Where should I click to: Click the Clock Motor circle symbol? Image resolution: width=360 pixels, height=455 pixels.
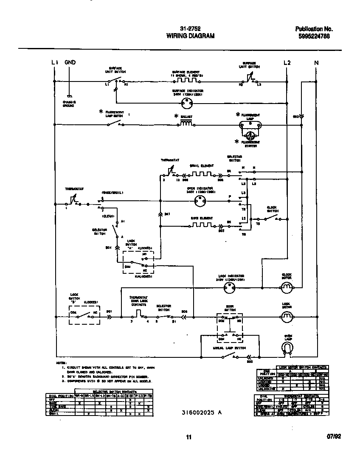click(x=287, y=288)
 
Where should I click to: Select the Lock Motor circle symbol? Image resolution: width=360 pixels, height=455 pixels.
click(x=287, y=316)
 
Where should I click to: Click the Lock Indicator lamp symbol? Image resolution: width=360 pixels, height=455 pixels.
click(x=229, y=288)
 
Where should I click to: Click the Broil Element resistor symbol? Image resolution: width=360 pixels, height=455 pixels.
click(x=200, y=174)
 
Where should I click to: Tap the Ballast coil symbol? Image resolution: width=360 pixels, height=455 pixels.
click(x=186, y=124)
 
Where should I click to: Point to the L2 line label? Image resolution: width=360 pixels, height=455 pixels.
click(x=287, y=63)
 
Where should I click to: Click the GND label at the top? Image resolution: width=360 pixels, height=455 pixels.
click(x=70, y=63)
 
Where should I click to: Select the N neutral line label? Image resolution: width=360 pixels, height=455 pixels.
click(x=316, y=63)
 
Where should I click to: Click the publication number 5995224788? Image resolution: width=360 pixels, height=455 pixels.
click(x=314, y=37)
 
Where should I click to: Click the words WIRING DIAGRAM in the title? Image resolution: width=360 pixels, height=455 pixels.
click(x=190, y=36)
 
